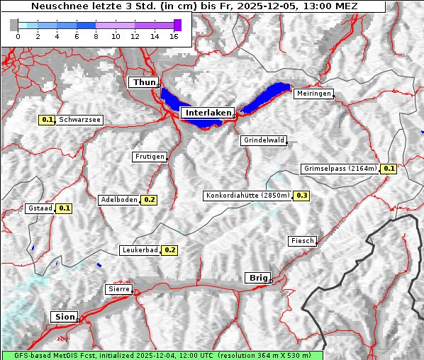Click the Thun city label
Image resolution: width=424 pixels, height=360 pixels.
pos(144,83)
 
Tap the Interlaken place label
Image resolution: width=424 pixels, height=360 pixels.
pos(207,113)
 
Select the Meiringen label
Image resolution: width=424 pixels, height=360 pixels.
pos(313,94)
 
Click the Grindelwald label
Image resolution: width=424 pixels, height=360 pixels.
pos(264,140)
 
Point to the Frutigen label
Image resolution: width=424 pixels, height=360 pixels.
pos(150,157)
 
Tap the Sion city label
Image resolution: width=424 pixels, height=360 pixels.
pos(64,317)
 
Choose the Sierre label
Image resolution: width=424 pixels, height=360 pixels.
pos(118,289)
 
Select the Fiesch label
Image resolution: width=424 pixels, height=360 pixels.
pos(302,241)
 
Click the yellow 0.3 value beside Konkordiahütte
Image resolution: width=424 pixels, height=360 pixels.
pos(301,196)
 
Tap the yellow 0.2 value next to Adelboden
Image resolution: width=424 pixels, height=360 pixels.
pos(149,200)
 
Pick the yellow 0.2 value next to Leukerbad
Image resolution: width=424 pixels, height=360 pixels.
pos(170,250)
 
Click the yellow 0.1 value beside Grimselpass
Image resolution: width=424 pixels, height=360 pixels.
pos(389,169)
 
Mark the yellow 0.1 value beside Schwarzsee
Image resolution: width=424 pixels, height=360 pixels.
pos(48,120)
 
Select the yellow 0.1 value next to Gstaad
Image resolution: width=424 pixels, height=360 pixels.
pos(64,208)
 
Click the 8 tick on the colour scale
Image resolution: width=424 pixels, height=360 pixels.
pos(96,36)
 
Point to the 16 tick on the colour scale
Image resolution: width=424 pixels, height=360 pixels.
pos(173,36)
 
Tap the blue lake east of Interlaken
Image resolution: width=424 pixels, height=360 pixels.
pos(267,96)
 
